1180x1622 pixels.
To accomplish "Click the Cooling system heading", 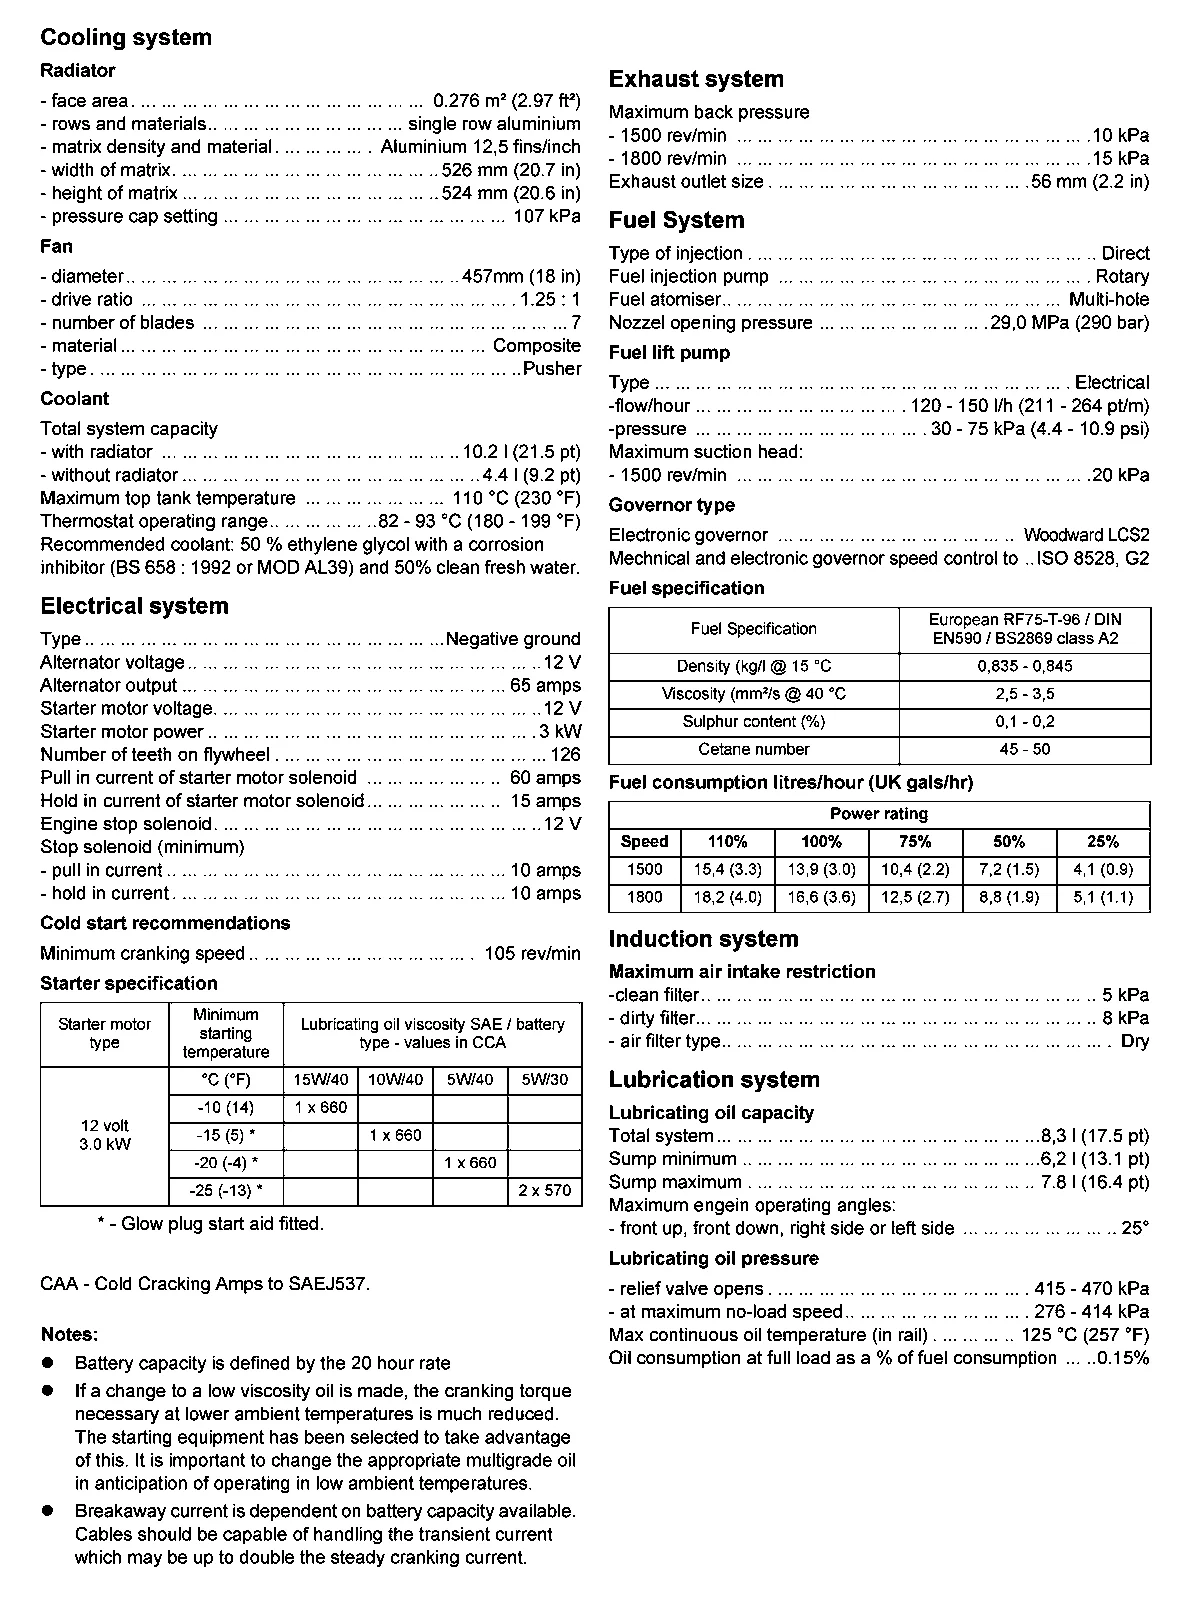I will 126,38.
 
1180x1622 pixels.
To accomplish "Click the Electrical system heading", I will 134,606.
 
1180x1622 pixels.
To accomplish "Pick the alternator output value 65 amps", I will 545,686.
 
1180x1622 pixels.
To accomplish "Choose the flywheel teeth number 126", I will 565,755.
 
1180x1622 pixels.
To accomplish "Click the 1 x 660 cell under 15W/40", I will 321,1107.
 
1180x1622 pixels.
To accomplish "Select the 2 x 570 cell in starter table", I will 545,1191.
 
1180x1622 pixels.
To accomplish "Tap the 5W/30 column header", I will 545,1080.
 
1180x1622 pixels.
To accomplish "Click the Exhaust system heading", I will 696,80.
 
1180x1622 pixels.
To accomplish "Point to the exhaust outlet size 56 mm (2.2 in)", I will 1090,182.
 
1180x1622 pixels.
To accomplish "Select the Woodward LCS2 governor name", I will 1086,536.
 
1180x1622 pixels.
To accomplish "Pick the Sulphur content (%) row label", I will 754,722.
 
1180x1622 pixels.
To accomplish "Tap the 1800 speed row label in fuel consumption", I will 644,898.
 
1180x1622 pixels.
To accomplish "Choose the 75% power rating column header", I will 915,842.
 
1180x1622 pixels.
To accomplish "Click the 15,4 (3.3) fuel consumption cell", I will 727,870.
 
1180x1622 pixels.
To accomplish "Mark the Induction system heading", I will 703,939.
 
